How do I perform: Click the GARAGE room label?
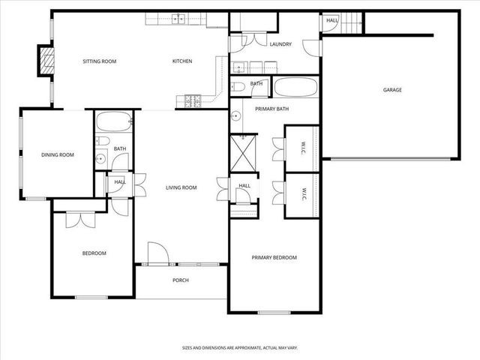(x=392, y=90)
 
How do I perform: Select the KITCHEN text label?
(x=182, y=61)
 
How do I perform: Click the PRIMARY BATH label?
(x=271, y=109)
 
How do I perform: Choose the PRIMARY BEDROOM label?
(x=274, y=257)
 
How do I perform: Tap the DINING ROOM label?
(x=57, y=154)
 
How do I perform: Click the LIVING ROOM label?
(x=181, y=187)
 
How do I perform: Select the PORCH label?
(x=180, y=280)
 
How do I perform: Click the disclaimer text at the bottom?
(x=239, y=348)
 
